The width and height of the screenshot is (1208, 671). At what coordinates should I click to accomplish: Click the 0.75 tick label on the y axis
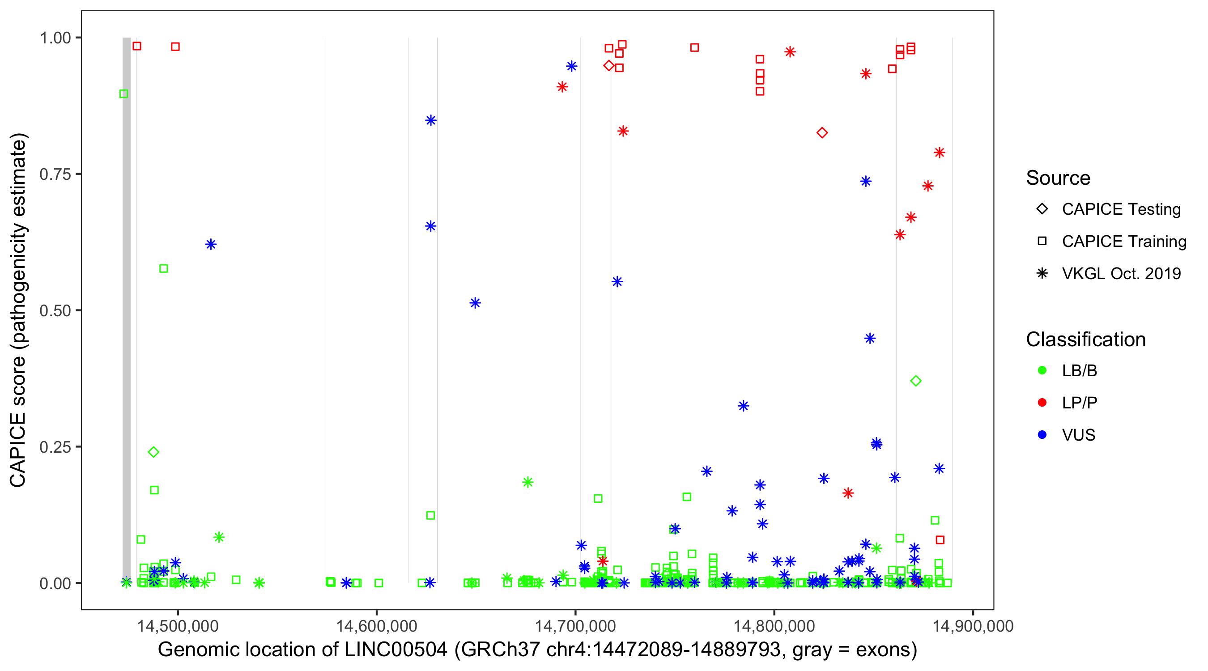click(55, 174)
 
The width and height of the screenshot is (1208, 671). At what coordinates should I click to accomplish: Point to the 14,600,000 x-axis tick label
click(376, 626)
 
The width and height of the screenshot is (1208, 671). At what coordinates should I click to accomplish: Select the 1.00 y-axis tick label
click(55, 38)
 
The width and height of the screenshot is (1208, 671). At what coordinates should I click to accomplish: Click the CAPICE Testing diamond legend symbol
click(1042, 209)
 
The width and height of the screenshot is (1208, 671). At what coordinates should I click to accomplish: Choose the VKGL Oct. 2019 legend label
click(1121, 273)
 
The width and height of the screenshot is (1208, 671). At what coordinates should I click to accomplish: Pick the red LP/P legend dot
click(1042, 403)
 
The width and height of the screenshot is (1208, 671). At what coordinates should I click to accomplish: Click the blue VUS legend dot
click(1042, 435)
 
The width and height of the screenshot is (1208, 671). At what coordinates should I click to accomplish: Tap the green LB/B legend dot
click(1042, 370)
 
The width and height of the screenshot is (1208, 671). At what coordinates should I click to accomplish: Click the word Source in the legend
click(1058, 178)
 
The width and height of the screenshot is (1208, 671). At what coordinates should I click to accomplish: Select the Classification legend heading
click(1085, 340)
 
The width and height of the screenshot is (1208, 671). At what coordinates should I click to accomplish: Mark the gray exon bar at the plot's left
click(127, 310)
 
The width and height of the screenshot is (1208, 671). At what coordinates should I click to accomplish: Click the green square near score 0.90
click(124, 94)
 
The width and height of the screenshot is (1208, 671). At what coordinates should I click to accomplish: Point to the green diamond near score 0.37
click(916, 381)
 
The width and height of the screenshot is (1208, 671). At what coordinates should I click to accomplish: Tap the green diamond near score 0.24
click(153, 452)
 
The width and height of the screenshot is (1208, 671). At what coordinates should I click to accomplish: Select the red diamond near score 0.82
click(822, 133)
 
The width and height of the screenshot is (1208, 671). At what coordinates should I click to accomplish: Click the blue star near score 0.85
click(430, 120)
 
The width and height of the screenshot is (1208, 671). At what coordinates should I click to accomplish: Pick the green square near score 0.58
click(164, 269)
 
